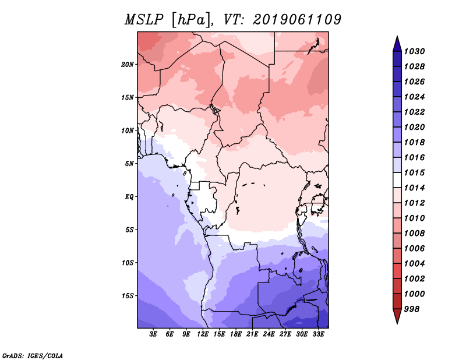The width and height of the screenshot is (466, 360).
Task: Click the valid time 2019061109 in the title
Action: pos(297,20)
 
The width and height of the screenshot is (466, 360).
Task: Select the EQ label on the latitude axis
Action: pos(129,196)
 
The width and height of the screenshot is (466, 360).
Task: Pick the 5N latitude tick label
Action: pos(129,163)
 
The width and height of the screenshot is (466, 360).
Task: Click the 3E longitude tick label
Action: pos(154,335)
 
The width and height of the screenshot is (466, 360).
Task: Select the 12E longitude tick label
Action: pos(203,335)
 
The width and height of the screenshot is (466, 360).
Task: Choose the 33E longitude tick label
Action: pos(319,335)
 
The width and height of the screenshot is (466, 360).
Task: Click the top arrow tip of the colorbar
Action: pos(396,37)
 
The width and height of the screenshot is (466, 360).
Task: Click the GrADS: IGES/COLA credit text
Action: pos(32,355)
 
